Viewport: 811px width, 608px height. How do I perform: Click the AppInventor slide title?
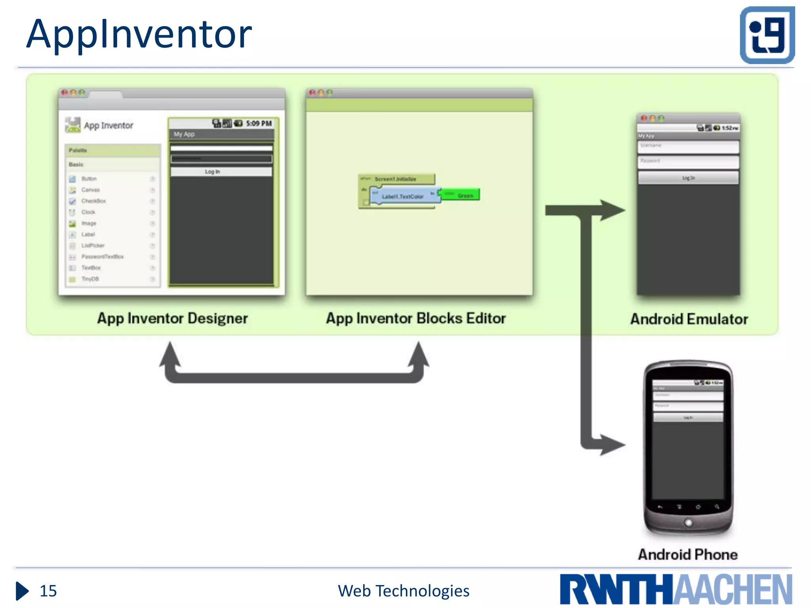pyautogui.click(x=139, y=35)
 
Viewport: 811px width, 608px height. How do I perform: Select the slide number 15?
pyautogui.click(x=48, y=591)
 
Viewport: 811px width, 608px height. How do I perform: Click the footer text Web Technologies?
pyautogui.click(x=403, y=591)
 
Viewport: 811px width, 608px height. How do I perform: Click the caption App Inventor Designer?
pyautogui.click(x=172, y=318)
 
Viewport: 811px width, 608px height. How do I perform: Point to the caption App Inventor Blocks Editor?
pyautogui.click(x=415, y=318)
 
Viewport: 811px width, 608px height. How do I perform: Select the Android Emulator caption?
pyautogui.click(x=689, y=319)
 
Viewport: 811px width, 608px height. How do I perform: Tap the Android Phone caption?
pyautogui.click(x=687, y=554)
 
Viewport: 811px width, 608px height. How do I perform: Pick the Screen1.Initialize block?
pyautogui.click(x=395, y=179)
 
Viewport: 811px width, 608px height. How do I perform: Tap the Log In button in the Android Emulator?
pyautogui.click(x=688, y=178)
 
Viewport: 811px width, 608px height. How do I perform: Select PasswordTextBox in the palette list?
pyautogui.click(x=102, y=256)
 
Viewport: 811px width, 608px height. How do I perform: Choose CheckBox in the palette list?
pyautogui.click(x=93, y=201)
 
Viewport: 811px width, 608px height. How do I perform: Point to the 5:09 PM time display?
pyautogui.click(x=259, y=123)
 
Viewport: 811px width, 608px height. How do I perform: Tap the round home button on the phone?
pyautogui.click(x=688, y=522)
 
